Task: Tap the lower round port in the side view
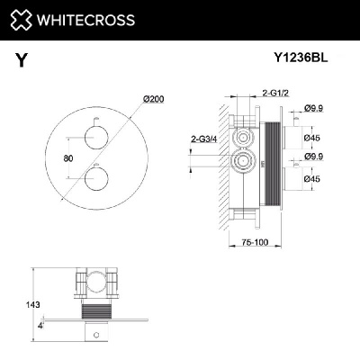click(x=241, y=163)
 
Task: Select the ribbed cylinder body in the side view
click(x=274, y=162)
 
